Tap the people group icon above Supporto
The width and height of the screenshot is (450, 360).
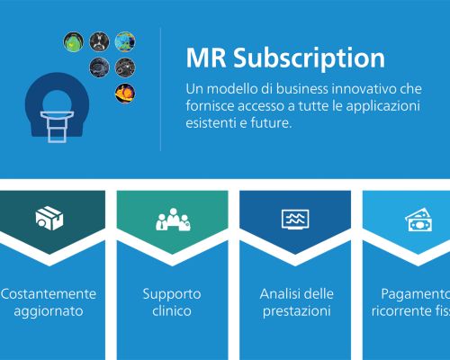pos(173,219)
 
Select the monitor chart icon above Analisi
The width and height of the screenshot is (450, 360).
pos(295,219)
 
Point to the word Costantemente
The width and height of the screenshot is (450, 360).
pos(48,294)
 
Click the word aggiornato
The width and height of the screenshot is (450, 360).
pos(48,311)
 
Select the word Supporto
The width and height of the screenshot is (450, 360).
pos(172,294)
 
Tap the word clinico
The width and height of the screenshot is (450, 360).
pos(172,311)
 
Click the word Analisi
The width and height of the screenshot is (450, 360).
pos(278,294)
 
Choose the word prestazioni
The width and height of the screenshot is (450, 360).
pos(295,311)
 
